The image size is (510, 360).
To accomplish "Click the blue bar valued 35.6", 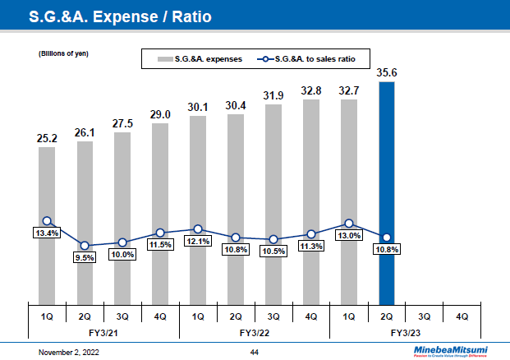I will coord(387,193).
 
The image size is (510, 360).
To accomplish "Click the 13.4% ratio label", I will coord(47,233).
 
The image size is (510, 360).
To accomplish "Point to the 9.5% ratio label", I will coord(85,257).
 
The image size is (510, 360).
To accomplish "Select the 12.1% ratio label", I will coord(198,242).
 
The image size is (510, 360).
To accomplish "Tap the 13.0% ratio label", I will coord(349,236).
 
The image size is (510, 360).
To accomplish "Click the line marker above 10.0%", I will coord(122,242).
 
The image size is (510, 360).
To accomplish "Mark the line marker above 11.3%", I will coord(311,234).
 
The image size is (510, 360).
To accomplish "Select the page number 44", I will coord(255,352).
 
